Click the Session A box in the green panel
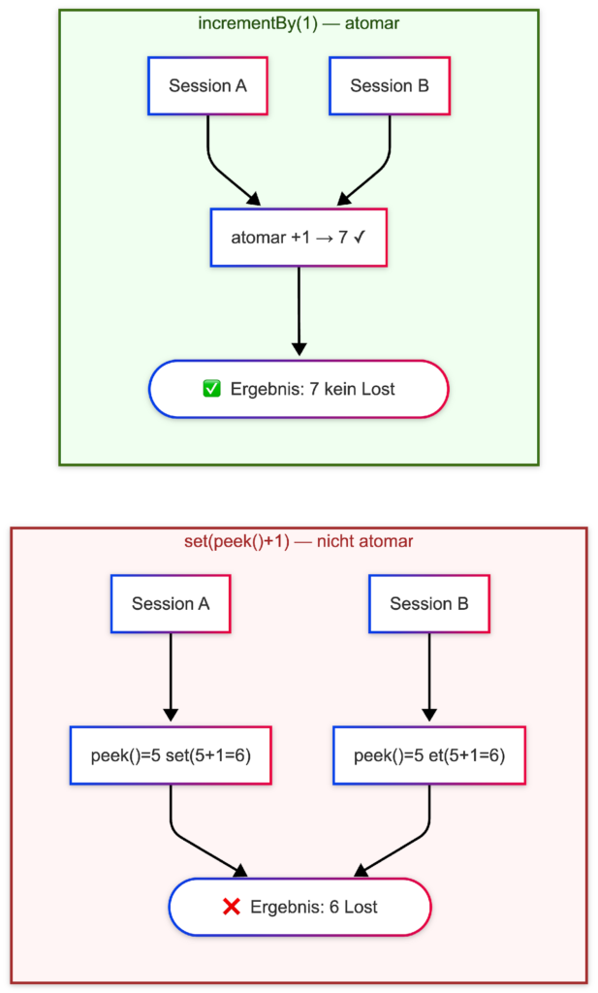(207, 86)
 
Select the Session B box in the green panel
(390, 86)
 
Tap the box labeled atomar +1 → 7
(299, 239)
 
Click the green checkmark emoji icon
(211, 389)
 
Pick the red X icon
(232, 907)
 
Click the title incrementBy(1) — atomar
(299, 24)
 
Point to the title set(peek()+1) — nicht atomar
(299, 541)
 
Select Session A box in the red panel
(171, 604)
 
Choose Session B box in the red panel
(429, 604)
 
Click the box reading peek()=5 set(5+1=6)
(171, 755)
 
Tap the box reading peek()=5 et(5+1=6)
(429, 755)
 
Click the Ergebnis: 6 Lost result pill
(299, 907)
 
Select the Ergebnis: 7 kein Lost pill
(299, 389)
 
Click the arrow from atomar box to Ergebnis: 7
(299, 311)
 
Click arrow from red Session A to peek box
(171, 677)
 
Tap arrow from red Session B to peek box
(429, 677)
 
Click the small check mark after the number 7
(361, 239)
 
